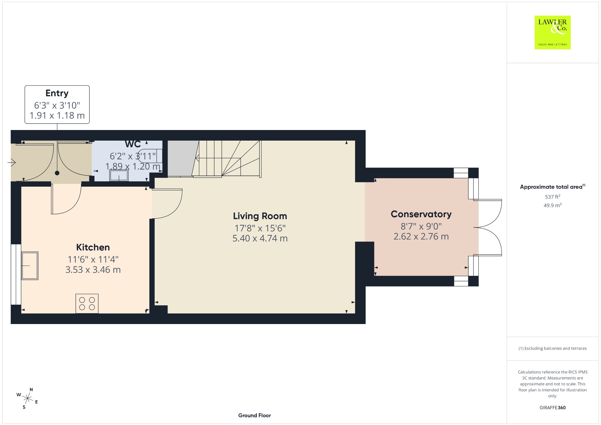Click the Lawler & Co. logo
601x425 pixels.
tap(552, 32)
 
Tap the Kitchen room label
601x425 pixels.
tap(93, 247)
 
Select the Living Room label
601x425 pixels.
tap(260, 216)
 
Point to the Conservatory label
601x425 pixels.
tap(421, 214)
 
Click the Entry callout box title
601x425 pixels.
tap(57, 93)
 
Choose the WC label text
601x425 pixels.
tap(133, 144)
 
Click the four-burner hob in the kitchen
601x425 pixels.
tap(87, 304)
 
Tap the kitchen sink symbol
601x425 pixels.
tap(30, 266)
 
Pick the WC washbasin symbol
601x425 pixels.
tap(119, 176)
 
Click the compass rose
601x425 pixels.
tap(27, 398)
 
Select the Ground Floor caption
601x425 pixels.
tap(254, 415)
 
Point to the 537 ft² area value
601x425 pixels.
tap(553, 197)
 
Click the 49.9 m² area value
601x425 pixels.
tap(553, 205)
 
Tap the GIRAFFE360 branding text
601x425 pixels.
tap(553, 407)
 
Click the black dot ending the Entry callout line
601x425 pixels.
tap(57, 173)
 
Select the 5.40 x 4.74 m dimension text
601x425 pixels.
tap(260, 238)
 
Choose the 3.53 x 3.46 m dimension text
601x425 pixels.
tap(93, 270)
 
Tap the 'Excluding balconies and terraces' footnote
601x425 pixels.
tap(553, 348)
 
